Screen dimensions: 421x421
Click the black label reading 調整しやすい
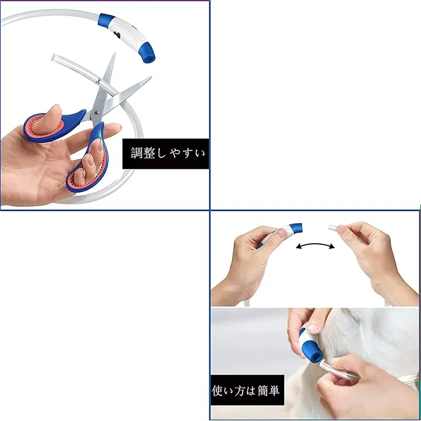click(x=165, y=154)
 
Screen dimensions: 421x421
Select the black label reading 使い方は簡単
click(x=247, y=390)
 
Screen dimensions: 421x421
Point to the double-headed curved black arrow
click(x=315, y=244)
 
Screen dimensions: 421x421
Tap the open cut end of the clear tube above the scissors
click(x=53, y=57)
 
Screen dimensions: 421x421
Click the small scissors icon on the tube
click(x=98, y=81)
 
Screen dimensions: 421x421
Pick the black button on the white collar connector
click(x=117, y=34)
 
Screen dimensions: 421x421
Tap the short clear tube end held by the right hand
click(x=333, y=228)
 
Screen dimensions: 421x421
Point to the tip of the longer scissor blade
click(x=151, y=77)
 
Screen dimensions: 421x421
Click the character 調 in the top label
click(x=137, y=153)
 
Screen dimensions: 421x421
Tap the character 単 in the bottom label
click(x=274, y=390)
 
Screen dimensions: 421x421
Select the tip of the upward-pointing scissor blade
click(x=115, y=53)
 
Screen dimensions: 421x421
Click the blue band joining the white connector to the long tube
click(x=106, y=20)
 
